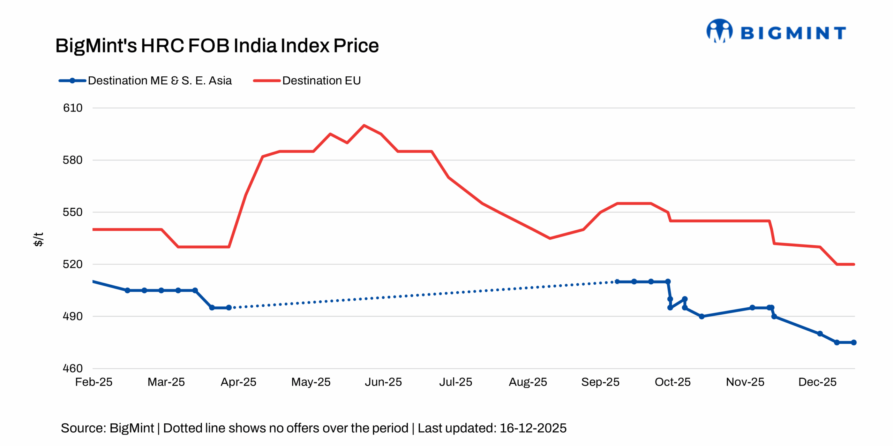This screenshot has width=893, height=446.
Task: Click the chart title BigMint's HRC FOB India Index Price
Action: [217, 46]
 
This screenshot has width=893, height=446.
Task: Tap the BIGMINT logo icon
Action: [719, 31]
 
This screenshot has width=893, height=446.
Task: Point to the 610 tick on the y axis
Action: [73, 108]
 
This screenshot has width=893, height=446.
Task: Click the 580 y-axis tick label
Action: [73, 160]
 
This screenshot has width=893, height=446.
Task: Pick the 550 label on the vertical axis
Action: [73, 212]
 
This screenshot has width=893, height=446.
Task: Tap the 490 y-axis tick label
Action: [73, 316]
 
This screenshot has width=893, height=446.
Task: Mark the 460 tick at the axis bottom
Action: [73, 368]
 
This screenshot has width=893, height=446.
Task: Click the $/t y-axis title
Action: [38, 239]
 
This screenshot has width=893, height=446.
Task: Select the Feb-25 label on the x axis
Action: [94, 382]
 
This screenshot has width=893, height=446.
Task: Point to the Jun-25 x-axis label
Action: [383, 382]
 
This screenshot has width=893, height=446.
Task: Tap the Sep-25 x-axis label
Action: [600, 382]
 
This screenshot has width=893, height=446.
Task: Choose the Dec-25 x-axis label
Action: [817, 382]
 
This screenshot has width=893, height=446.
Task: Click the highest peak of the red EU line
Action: [364, 125]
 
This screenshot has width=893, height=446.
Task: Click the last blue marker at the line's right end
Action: [854, 343]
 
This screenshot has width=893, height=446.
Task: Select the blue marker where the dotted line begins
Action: [229, 308]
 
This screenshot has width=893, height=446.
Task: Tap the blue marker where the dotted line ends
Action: [617, 282]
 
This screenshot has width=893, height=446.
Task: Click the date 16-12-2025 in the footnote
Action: [533, 428]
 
